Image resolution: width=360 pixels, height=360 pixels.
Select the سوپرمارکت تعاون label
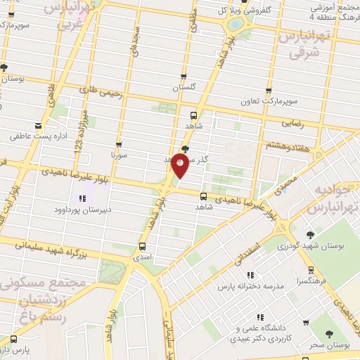(x=267, y=102)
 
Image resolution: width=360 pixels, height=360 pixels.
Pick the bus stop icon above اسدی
(x=143, y=246)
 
